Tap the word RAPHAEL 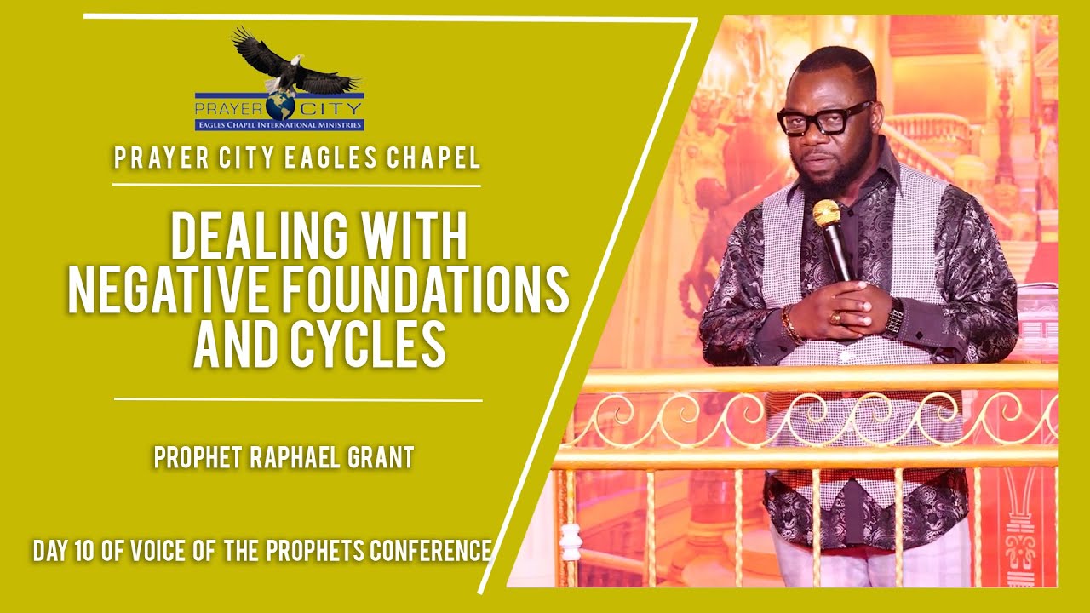point(296,458)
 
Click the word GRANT point(381,458)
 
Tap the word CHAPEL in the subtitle point(440,158)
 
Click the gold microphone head point(826,213)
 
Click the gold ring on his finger point(836,318)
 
